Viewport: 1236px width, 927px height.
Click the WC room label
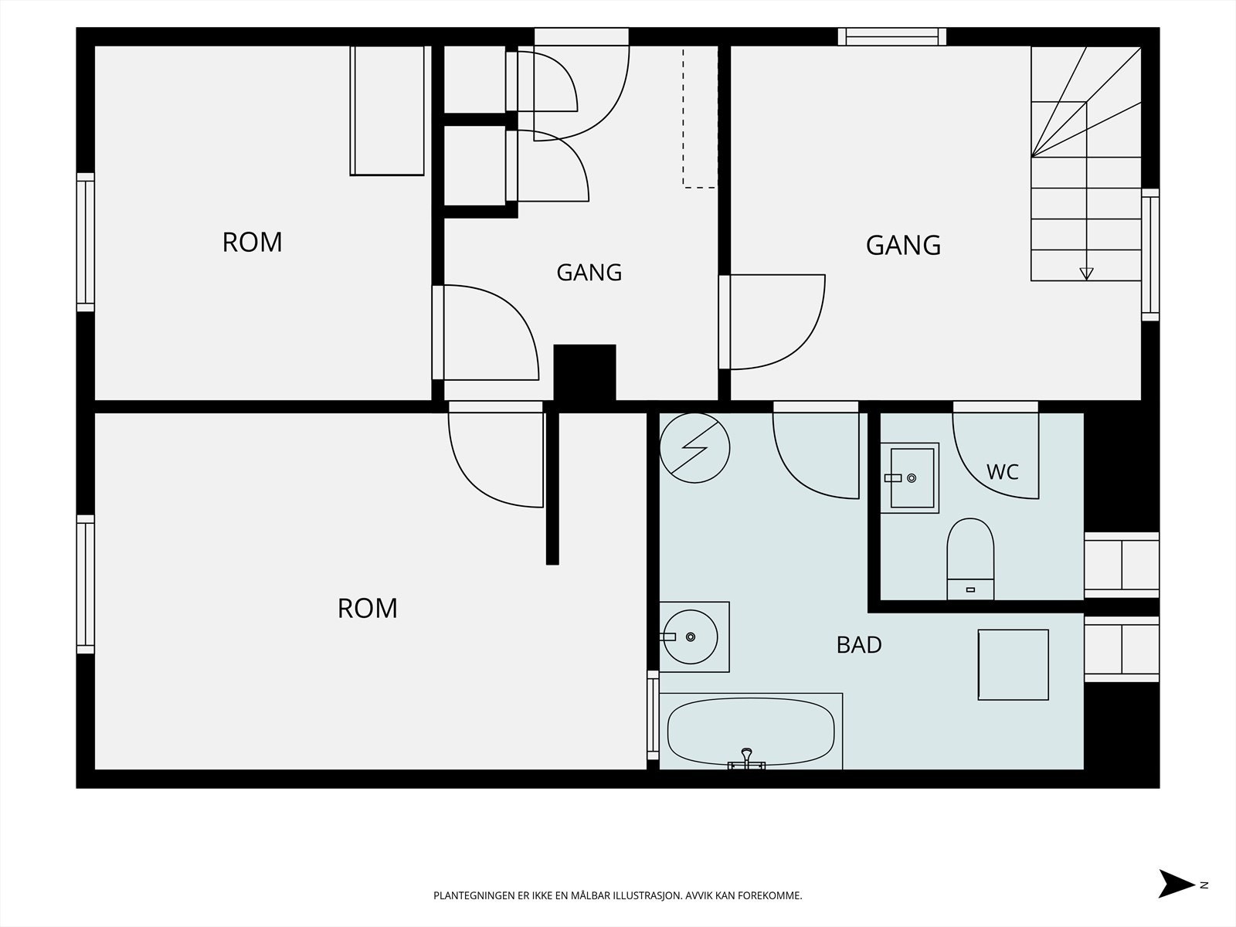1002,472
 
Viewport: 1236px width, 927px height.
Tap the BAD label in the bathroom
859,645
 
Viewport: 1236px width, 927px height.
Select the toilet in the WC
970,559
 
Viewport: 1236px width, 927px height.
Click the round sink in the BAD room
691,637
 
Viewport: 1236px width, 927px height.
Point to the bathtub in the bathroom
751,731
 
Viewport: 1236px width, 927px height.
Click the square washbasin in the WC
909,478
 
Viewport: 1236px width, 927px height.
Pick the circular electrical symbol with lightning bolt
694,448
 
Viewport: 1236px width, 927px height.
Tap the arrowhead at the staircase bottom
1086,273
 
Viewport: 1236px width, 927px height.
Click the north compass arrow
1176,885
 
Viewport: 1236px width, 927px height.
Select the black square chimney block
585,372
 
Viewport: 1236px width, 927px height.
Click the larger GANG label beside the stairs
903,246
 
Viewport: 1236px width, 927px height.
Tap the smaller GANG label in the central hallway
589,273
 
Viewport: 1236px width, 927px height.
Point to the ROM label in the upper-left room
253,243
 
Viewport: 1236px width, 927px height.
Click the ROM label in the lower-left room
367,609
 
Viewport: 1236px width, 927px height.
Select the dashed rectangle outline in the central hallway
700,117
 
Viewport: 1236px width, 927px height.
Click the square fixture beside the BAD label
1013,664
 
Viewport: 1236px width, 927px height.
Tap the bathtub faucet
747,759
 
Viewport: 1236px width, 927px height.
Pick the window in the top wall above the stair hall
892,36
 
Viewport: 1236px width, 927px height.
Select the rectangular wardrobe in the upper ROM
387,111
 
